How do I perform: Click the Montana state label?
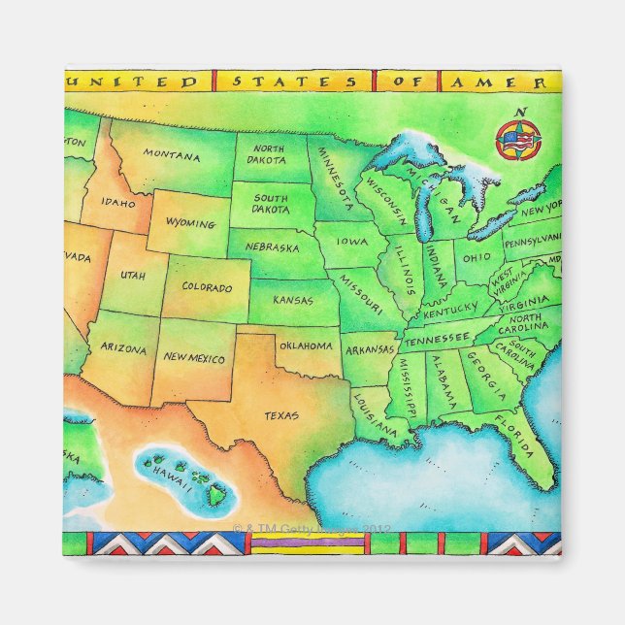[172, 153]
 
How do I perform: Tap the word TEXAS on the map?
[281, 415]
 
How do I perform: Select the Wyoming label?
[190, 223]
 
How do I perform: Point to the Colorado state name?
[207, 288]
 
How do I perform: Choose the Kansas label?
[292, 300]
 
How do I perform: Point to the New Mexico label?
[193, 358]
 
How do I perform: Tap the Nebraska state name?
[271, 247]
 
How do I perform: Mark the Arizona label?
[123, 346]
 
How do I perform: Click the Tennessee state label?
[436, 342]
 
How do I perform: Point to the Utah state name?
[132, 276]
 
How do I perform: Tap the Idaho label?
[117, 204]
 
